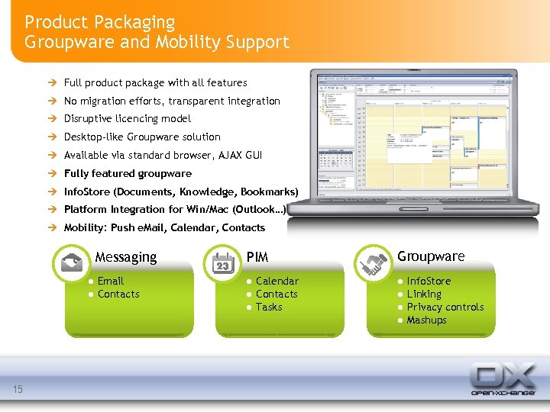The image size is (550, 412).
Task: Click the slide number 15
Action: coord(18,390)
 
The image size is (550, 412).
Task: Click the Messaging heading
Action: coord(126,257)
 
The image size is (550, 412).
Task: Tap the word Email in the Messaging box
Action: coord(111,281)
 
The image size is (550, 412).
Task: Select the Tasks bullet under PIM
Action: coord(269,307)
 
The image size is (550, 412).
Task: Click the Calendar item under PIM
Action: coord(277,281)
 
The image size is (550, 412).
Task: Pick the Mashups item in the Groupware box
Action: coord(426,320)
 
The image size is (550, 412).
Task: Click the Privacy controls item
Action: coord(445,307)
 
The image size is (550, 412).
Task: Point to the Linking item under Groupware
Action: coord(424,294)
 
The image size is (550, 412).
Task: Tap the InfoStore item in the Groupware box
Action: coord(429,281)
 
